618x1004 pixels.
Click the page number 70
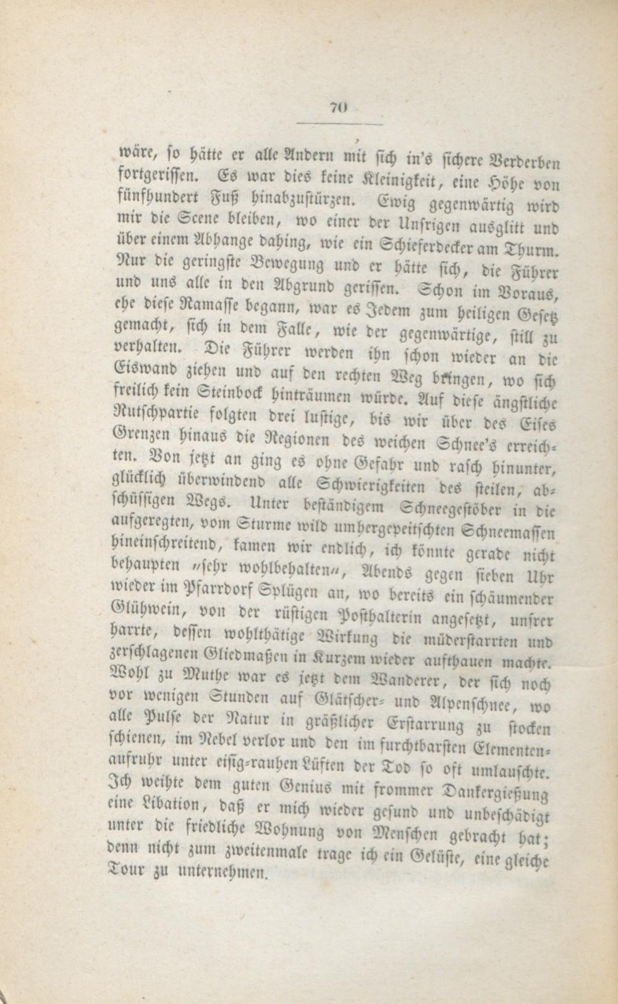click(337, 107)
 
